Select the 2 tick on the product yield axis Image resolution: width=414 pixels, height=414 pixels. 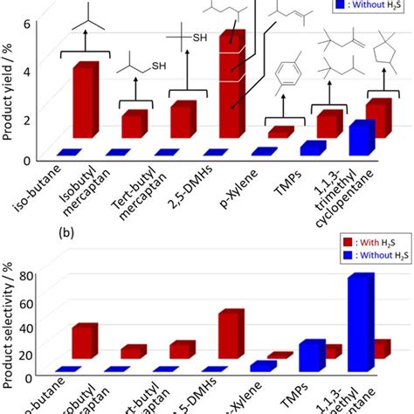(25, 119)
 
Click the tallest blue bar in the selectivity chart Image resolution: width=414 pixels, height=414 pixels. (361, 323)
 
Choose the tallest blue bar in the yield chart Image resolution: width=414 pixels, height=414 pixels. (361, 138)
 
